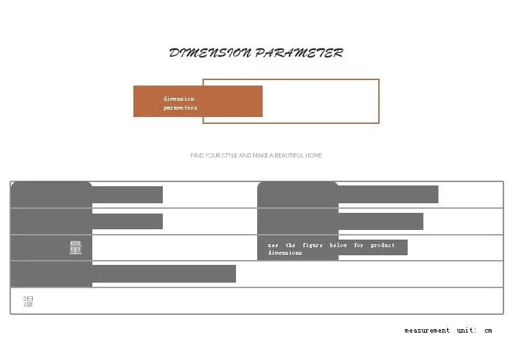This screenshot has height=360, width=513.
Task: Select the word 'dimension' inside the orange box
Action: click(x=179, y=99)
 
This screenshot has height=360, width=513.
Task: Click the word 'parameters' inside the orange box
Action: click(x=180, y=107)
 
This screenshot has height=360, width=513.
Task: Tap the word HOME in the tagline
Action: click(x=314, y=155)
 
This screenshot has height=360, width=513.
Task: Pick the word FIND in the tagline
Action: click(x=197, y=155)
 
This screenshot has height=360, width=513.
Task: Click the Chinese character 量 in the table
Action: click(x=75, y=248)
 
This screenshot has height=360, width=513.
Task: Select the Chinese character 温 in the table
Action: click(x=28, y=301)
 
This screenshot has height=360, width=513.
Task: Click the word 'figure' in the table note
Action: click(x=313, y=245)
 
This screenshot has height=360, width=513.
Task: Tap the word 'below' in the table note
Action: click(x=338, y=245)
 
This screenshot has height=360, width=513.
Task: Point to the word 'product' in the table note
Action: click(x=382, y=245)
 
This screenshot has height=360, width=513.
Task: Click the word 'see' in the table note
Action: click(x=273, y=245)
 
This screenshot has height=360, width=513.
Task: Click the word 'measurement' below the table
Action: click(x=427, y=331)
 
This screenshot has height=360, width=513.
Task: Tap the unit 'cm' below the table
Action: click(x=488, y=331)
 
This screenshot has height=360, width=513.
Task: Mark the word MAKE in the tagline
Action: click(x=261, y=155)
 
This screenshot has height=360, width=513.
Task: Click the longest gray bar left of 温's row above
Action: click(x=163, y=274)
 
